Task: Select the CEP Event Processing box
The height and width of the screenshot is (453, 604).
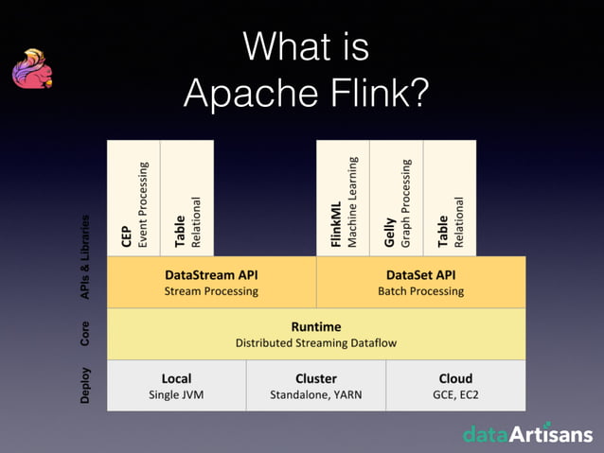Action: point(133,198)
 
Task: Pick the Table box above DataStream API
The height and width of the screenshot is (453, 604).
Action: point(187,198)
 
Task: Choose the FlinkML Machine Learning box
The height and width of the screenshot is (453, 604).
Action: point(342,198)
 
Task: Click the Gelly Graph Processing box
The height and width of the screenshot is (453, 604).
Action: point(396,198)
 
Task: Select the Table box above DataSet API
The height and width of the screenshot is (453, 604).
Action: point(450,198)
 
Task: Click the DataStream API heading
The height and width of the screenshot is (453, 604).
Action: point(211,274)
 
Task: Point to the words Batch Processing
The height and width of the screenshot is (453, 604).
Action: point(420,291)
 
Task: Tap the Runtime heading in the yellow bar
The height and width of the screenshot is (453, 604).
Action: point(316,326)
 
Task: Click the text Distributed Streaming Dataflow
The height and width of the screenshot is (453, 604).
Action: point(316,343)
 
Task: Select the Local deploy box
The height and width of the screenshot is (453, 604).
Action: point(176,385)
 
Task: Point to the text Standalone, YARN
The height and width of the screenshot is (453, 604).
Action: point(315,395)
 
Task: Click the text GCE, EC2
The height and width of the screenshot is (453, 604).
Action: point(455,395)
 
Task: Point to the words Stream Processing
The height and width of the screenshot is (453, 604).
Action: point(211,291)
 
